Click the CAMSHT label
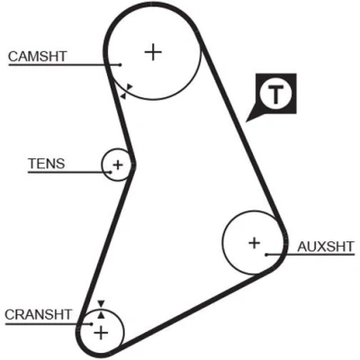(38, 57)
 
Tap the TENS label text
(47, 164)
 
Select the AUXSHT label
(326, 247)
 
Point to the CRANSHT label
(38, 315)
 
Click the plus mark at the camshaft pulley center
(153, 52)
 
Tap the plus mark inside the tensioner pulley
(118, 165)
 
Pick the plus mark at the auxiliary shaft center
(255, 243)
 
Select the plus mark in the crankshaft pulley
(101, 333)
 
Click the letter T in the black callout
(275, 94)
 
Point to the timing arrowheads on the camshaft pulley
(126, 91)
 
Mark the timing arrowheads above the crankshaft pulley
(101, 309)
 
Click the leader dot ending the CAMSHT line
(120, 65)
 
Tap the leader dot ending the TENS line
(111, 172)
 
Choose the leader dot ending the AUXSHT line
(266, 255)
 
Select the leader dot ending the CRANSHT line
(92, 324)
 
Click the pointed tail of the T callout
(247, 121)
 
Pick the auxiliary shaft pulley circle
(222, 242)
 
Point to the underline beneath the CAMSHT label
(65, 65)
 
